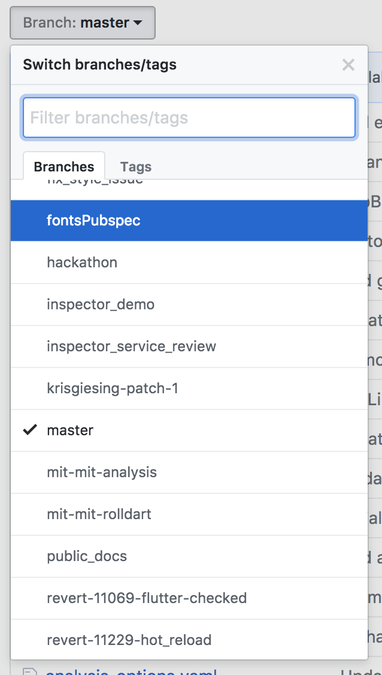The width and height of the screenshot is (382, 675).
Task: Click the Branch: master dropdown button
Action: click(83, 23)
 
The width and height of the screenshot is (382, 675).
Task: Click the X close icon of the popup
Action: click(348, 65)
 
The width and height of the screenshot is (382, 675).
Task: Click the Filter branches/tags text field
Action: click(189, 117)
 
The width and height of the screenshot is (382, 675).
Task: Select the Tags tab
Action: click(136, 167)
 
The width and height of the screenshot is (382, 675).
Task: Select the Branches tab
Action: click(64, 167)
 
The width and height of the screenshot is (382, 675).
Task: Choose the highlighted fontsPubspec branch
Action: click(93, 221)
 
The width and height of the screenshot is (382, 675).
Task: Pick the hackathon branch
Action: click(82, 263)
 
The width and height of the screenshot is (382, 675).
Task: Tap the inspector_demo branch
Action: click(101, 305)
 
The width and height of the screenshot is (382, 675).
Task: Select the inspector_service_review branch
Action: click(131, 346)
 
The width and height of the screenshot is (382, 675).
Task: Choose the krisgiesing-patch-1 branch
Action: click(113, 388)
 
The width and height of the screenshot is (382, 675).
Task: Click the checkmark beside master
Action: click(30, 430)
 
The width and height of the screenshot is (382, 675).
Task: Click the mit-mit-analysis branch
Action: click(102, 472)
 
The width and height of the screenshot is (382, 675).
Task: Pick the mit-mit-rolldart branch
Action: click(99, 514)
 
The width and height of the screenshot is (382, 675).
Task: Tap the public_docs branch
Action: click(87, 556)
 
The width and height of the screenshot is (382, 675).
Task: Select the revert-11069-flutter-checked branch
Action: click(147, 598)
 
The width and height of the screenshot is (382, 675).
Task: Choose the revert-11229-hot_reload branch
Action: click(129, 640)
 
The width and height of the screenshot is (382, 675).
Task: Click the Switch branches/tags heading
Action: click(99, 65)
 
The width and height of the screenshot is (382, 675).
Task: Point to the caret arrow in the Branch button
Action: click(138, 23)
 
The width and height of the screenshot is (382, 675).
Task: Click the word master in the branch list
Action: click(70, 430)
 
